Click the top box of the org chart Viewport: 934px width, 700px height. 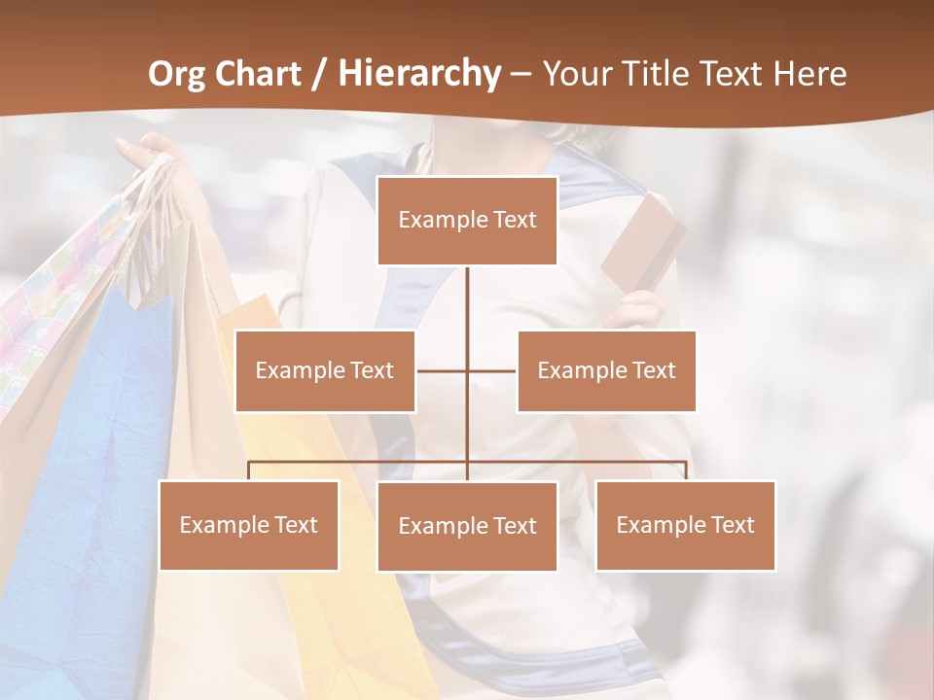pyautogui.click(x=467, y=221)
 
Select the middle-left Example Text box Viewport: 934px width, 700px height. pyautogui.click(x=325, y=370)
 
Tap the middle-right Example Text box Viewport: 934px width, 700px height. pyautogui.click(x=606, y=370)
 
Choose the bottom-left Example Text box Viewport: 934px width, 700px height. pyautogui.click(x=248, y=525)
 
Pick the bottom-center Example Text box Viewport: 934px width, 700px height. pyautogui.click(x=467, y=526)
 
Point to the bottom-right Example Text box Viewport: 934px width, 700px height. pyautogui.click(x=685, y=525)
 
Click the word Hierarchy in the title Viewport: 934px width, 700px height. pyautogui.click(x=419, y=74)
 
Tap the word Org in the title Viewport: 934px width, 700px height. pyautogui.click(x=176, y=74)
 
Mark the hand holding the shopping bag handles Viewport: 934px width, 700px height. pyautogui.click(x=146, y=156)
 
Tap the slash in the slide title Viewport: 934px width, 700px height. pyautogui.click(x=318, y=74)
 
